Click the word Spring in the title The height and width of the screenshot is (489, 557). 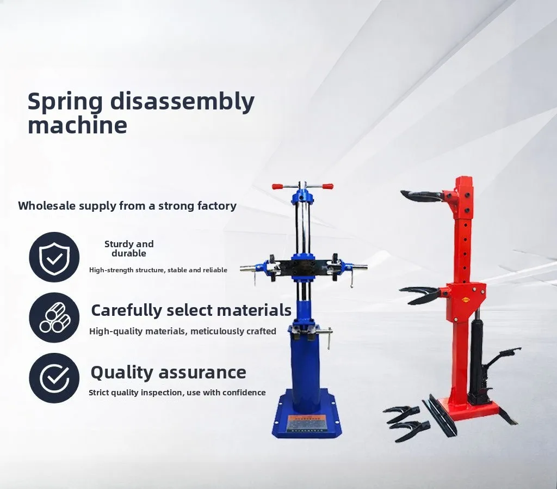(x=65, y=102)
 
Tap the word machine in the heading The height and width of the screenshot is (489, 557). (x=77, y=125)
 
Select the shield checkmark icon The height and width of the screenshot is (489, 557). (x=54, y=257)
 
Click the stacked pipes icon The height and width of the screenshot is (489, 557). (x=54, y=317)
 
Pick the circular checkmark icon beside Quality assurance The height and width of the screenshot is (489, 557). (x=54, y=378)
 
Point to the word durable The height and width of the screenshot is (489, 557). (x=128, y=253)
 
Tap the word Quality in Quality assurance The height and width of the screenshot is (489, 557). (x=121, y=373)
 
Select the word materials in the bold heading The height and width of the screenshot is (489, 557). (x=254, y=310)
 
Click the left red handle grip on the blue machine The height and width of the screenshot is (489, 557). (x=278, y=186)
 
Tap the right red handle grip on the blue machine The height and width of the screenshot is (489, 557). (x=327, y=186)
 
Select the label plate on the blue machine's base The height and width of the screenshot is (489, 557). (x=307, y=423)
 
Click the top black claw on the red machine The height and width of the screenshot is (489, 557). (x=422, y=195)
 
